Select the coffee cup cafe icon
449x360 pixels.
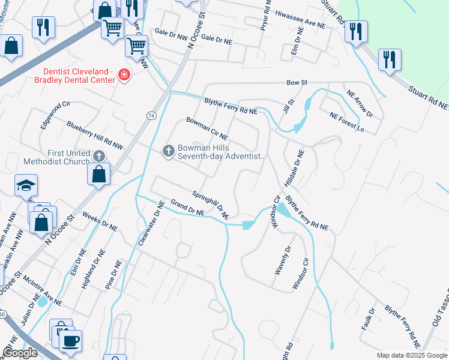[x=70, y=340]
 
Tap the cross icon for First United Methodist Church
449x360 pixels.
[x=99, y=157]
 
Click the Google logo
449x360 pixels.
[x=20, y=353]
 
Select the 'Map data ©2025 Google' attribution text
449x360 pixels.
[x=411, y=355]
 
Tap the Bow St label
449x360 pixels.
[x=297, y=82]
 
